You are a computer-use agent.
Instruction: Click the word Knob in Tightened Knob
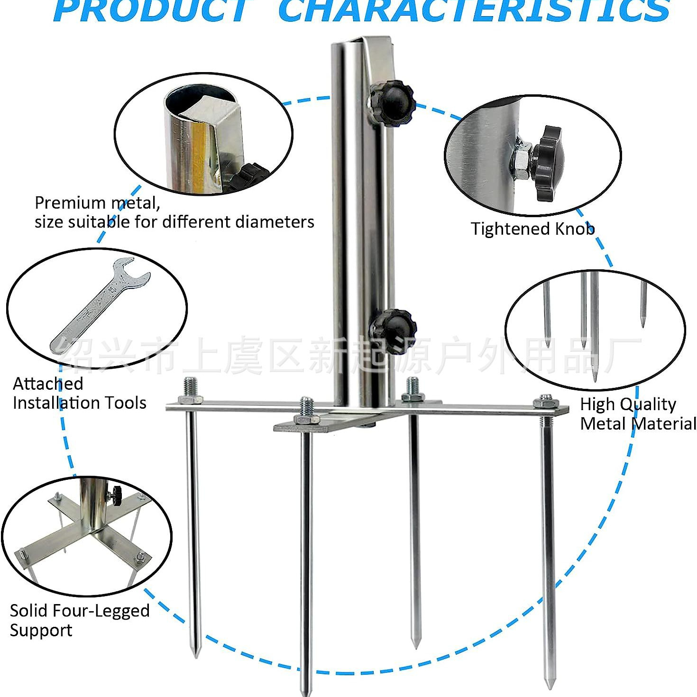click(575, 229)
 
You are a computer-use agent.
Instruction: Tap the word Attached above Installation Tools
click(48, 383)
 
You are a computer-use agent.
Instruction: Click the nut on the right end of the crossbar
click(546, 402)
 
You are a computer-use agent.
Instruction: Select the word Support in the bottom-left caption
click(41, 630)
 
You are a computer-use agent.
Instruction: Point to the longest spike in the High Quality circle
click(594, 327)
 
